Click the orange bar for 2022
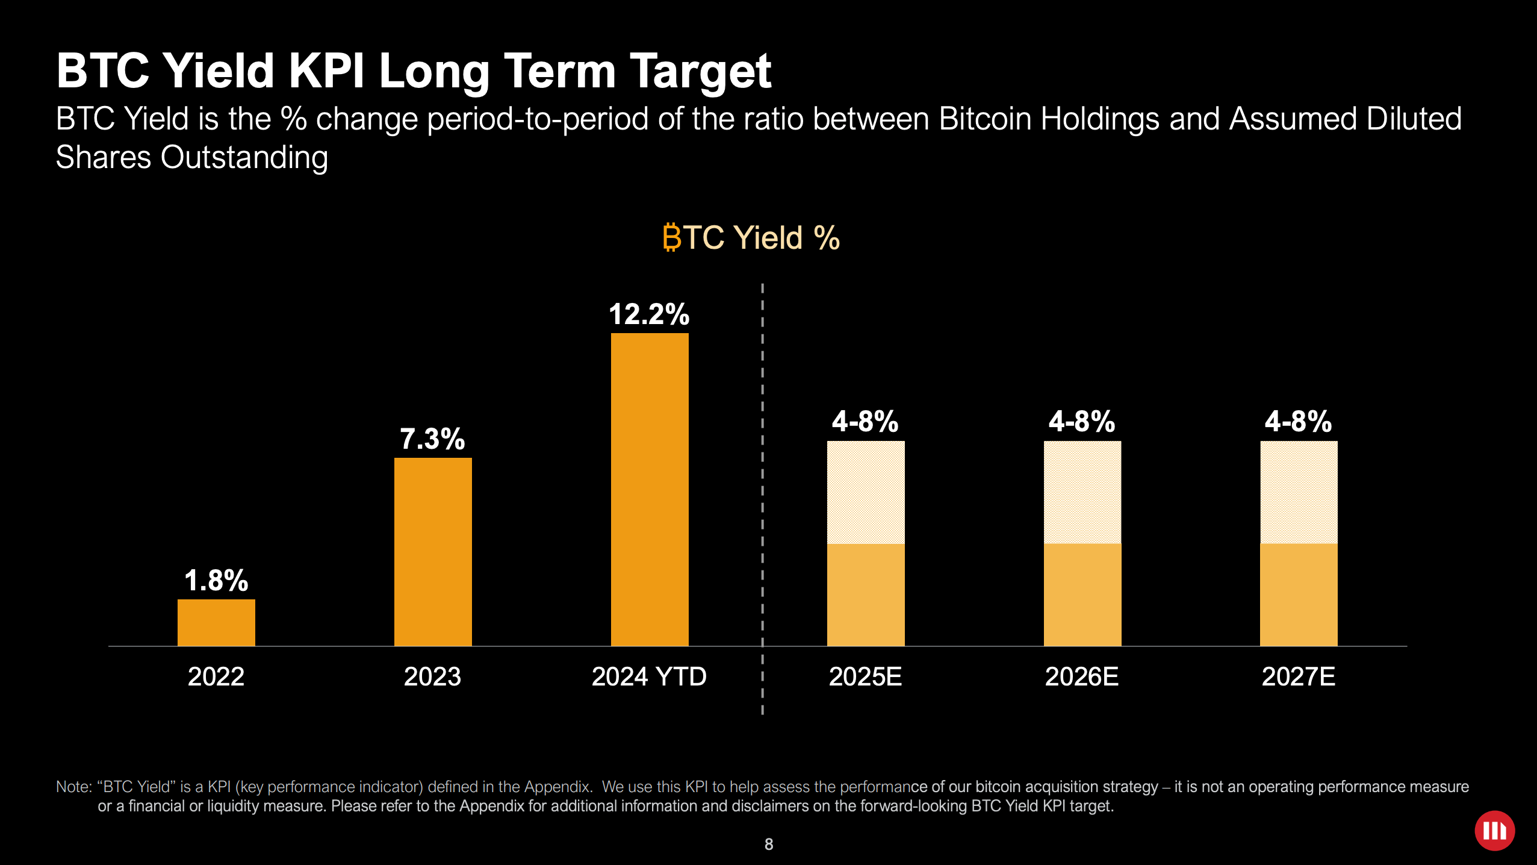click(x=216, y=622)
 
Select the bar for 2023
click(x=433, y=551)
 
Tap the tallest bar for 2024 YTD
click(x=650, y=489)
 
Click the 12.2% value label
click(x=649, y=314)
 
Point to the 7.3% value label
click(x=432, y=439)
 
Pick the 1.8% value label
click(x=216, y=581)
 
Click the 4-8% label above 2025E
click(x=865, y=421)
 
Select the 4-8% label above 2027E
click(x=1298, y=421)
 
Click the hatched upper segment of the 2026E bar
click(x=1082, y=492)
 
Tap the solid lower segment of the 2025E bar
click(x=866, y=595)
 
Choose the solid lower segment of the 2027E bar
click(x=1299, y=595)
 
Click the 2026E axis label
click(x=1082, y=676)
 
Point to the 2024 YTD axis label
click(x=649, y=676)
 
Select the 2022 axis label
click(x=216, y=676)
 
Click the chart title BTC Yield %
click(x=751, y=237)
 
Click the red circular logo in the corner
click(x=1494, y=831)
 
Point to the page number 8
click(x=769, y=845)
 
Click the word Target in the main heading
click(x=700, y=71)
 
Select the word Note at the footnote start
click(x=72, y=787)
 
